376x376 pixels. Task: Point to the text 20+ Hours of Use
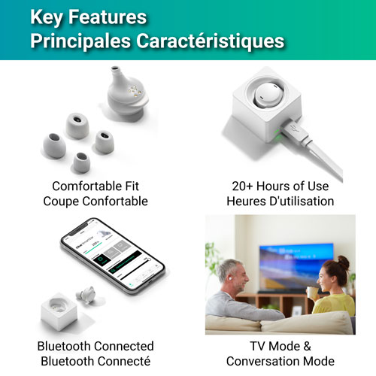(280, 186)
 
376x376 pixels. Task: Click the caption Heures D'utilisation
(280, 202)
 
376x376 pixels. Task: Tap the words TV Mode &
(280, 347)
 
